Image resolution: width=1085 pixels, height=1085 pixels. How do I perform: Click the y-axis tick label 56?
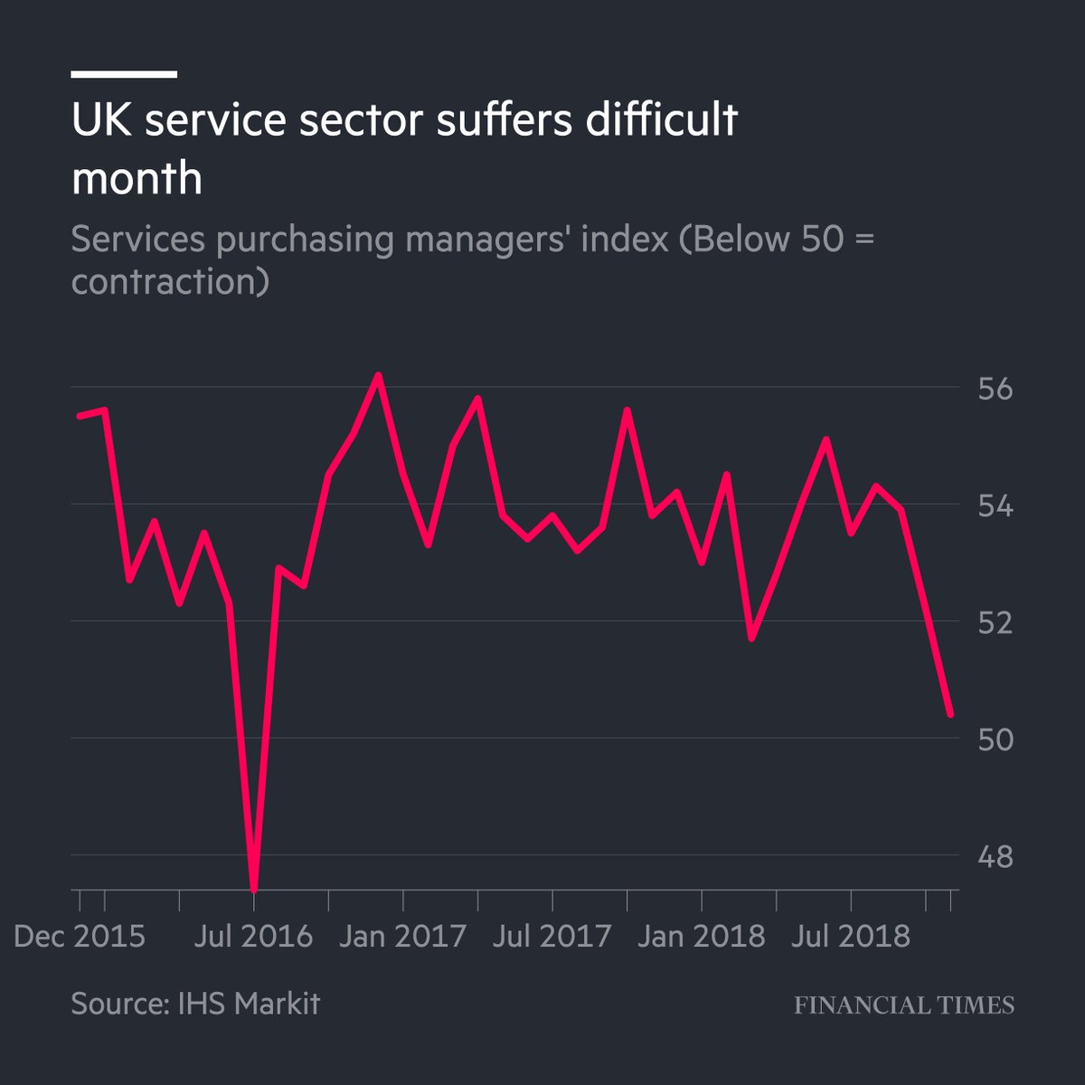(993, 390)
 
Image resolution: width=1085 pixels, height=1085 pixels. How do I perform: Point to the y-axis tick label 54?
(993, 506)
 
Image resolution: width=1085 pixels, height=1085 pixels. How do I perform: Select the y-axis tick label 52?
(993, 623)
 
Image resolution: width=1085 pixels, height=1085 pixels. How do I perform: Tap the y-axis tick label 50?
(993, 740)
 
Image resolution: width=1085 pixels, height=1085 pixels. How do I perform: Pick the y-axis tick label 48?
(993, 856)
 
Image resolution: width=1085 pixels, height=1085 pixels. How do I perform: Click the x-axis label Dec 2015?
(80, 936)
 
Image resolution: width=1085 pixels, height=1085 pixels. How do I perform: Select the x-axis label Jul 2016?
(254, 936)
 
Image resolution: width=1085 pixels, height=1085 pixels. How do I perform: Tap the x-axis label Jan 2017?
(403, 936)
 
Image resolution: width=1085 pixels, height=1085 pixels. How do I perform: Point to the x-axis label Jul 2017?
(552, 936)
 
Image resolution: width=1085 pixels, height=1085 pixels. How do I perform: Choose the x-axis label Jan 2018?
(702, 936)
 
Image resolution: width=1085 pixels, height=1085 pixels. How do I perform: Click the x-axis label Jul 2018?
(851, 936)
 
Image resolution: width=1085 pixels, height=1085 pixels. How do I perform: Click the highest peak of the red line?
(378, 375)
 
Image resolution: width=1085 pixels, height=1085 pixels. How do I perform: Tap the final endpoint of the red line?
(950, 714)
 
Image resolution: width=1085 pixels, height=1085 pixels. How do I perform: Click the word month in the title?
(137, 177)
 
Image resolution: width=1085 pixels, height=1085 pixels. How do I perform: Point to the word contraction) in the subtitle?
(170, 282)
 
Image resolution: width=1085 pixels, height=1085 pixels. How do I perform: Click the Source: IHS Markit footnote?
(195, 1004)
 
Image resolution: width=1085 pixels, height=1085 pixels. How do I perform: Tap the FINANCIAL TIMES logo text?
(904, 1005)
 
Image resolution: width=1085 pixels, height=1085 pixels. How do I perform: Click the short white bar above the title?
(124, 74)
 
